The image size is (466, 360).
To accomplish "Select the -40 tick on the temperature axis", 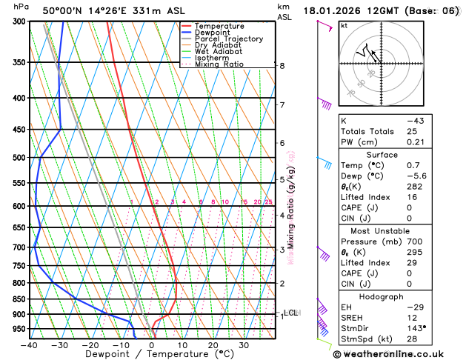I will click(x=29, y=344).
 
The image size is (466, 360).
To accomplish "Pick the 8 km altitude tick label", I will click(x=282, y=66).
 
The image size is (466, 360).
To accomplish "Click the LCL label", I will click(x=290, y=313).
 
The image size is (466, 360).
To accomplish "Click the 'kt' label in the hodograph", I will click(x=344, y=26).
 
